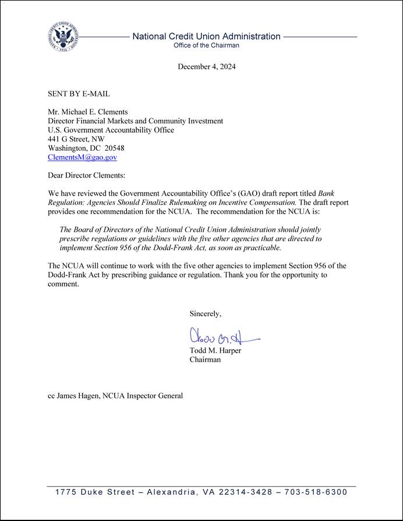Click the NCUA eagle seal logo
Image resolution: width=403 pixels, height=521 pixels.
pos(62,37)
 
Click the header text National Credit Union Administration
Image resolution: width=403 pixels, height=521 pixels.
pos(206,36)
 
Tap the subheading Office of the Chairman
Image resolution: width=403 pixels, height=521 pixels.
pos(206,45)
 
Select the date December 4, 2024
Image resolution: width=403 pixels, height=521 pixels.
pos(206,66)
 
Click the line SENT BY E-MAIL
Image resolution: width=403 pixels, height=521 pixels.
pos(79,94)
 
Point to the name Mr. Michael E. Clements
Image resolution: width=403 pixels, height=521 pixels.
pos(87,112)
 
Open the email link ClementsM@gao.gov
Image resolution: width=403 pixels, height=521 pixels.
pos(82,157)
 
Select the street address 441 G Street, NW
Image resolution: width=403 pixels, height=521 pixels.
pos(76,139)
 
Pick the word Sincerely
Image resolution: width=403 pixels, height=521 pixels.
pos(205,314)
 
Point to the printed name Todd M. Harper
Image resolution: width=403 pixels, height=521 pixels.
pos(215,350)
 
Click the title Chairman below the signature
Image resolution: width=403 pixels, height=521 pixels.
pos(205,360)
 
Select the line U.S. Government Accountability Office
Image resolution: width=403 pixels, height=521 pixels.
pos(111,130)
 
